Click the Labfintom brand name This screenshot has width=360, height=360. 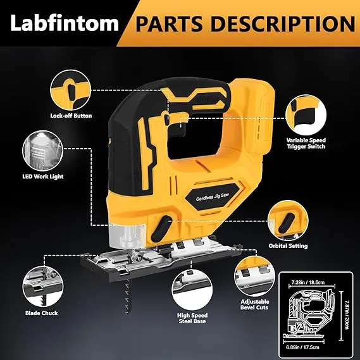tap(65, 23)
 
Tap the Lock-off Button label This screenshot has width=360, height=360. tap(71, 116)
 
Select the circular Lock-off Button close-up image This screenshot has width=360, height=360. tap(70, 90)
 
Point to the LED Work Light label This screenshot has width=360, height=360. tap(43, 177)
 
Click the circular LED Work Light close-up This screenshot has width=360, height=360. tap(42, 151)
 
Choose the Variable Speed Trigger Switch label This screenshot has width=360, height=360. tap(306, 143)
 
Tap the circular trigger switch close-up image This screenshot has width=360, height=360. tap(306, 115)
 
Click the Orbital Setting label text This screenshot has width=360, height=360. tap(288, 245)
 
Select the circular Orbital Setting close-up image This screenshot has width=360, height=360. tap(288, 221)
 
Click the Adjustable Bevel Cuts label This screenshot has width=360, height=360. tap(254, 304)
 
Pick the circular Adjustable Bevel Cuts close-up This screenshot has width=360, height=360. tap(254, 276)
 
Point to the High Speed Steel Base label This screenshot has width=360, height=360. tap(192, 318)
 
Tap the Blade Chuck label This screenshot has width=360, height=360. tap(42, 313)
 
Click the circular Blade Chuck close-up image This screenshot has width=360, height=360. tap(43, 287)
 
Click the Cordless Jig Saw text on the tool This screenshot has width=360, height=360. tap(213, 197)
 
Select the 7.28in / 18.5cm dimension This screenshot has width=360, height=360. tap(308, 282)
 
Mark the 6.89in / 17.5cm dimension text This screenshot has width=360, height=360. tap(302, 347)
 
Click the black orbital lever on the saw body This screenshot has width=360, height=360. tap(161, 228)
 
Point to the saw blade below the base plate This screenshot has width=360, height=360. tap(127, 296)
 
